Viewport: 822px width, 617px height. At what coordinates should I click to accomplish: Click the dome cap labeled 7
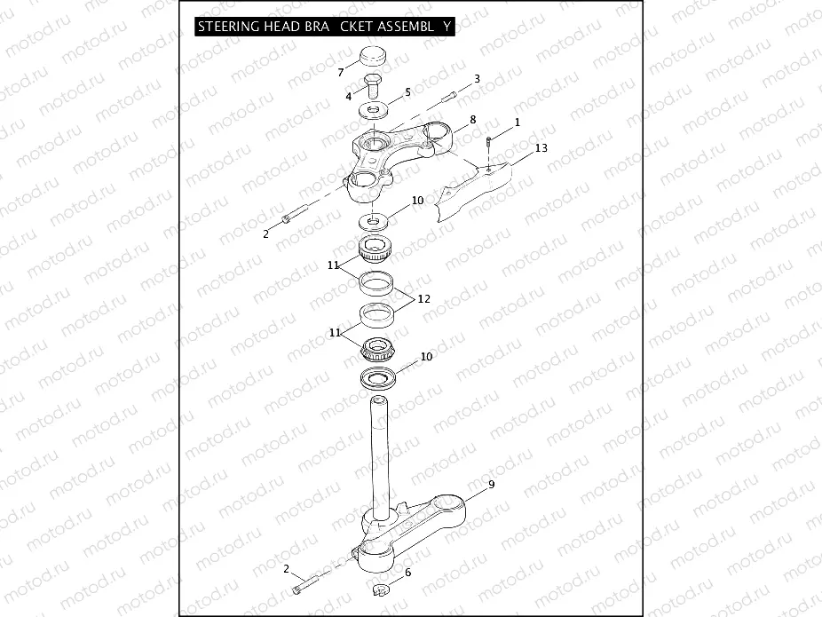coord(375,61)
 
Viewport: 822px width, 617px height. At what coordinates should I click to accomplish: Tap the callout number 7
coord(340,72)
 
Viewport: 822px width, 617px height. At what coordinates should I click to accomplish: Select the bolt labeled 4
coord(374,88)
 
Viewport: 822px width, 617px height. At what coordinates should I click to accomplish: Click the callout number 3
coord(477,79)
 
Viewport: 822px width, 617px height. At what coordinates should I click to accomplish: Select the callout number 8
coord(472,119)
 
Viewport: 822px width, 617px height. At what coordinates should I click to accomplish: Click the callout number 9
coord(491,485)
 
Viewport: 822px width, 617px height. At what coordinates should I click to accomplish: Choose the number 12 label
coord(423,299)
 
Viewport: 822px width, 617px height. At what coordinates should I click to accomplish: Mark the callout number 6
coord(407,573)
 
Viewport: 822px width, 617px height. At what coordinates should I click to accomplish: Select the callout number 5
coord(407,91)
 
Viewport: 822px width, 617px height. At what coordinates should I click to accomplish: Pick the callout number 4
coord(349,96)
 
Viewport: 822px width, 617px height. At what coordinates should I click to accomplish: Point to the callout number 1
coord(518,121)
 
